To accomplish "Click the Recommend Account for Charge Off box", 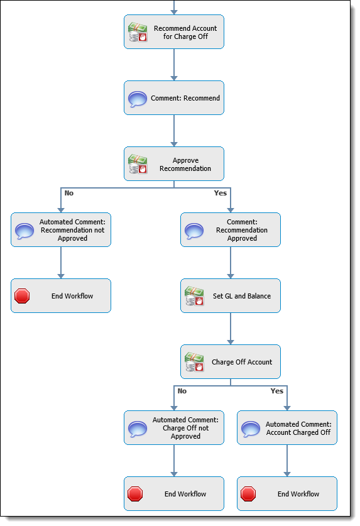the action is (174, 32).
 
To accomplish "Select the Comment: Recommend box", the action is (174, 98).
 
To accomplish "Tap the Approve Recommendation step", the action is (174, 163).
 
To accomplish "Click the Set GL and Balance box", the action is (231, 296).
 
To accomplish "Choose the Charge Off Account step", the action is (231, 361).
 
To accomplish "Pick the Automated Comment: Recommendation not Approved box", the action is (61, 230).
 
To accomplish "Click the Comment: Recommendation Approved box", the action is (231, 230).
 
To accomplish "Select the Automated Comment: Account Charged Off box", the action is (287, 428).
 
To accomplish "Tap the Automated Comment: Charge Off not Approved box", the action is (174, 428).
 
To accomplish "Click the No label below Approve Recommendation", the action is (68, 193).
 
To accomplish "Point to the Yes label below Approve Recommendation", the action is (221, 193).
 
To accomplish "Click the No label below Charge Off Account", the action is (182, 391).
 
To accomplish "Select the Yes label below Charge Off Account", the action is (277, 391).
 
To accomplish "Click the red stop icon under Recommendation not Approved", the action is (22, 296).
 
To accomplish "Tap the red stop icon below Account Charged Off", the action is (248, 494).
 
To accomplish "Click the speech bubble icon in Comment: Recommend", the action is (138, 99).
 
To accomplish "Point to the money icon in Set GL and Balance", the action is (194, 296).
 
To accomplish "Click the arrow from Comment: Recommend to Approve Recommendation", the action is (174, 131).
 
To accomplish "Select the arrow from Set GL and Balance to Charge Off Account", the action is (231, 329).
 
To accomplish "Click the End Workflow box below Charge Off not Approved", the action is (174, 494).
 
